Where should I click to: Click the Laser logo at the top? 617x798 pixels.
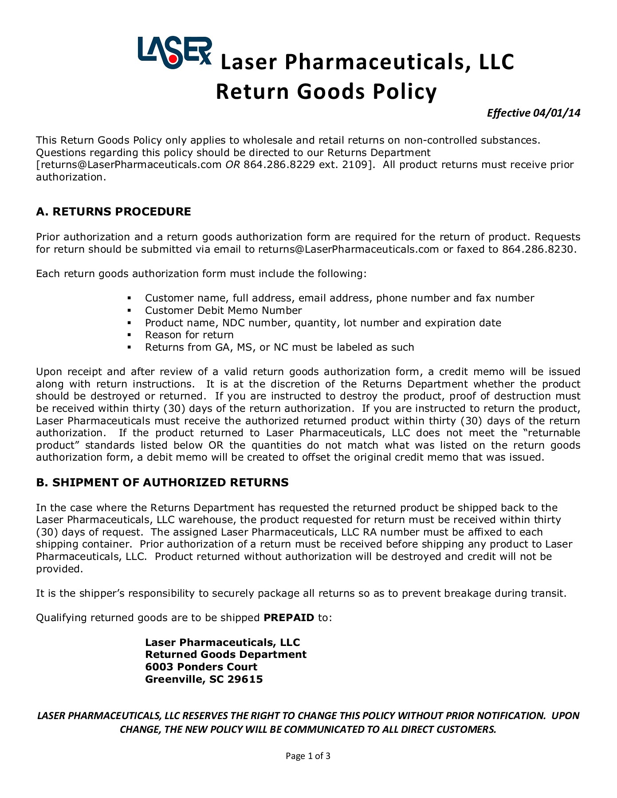174,52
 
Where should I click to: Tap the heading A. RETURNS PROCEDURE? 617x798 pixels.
114,211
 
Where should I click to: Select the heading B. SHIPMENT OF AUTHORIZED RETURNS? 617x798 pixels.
162,482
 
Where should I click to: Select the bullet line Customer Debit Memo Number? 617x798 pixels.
223,310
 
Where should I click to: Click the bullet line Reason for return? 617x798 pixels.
189,335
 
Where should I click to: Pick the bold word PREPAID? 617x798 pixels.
289,618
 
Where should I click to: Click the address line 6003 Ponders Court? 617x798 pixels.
201,667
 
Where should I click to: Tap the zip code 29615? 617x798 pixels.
245,679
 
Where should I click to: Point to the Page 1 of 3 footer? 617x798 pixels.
308,756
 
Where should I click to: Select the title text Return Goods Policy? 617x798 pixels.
326,92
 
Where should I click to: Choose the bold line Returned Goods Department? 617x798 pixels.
226,654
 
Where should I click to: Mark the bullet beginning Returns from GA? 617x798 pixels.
279,347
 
